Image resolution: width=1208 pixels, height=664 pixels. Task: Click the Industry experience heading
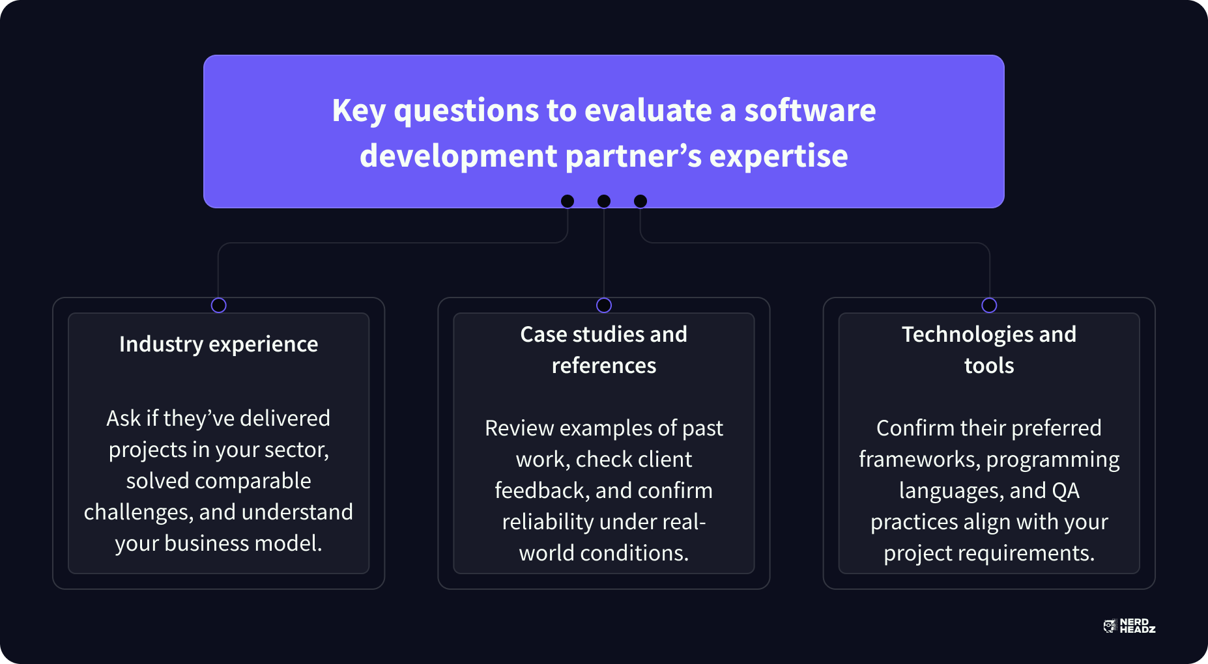(x=218, y=344)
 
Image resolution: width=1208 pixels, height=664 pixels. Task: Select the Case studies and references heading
(x=604, y=350)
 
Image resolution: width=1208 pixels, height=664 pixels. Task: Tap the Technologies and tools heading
(x=989, y=350)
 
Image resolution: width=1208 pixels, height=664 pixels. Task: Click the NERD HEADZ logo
(x=1129, y=626)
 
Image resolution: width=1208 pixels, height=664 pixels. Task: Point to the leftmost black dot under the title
(x=568, y=201)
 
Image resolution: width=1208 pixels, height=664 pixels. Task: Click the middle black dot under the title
(x=604, y=201)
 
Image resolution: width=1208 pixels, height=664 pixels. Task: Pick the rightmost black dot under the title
(x=640, y=201)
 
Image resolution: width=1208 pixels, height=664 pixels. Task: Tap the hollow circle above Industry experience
(x=218, y=305)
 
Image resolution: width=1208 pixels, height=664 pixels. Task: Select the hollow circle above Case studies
(x=604, y=305)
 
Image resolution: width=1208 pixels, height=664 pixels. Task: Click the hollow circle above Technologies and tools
(x=989, y=305)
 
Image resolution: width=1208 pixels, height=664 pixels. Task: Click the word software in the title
(x=810, y=110)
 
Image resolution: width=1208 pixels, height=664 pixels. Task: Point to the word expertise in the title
(x=779, y=157)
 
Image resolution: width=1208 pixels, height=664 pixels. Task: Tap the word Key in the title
(x=358, y=111)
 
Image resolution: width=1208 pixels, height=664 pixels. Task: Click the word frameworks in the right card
(x=919, y=460)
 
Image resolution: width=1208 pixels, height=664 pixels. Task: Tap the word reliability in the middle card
(x=547, y=522)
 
